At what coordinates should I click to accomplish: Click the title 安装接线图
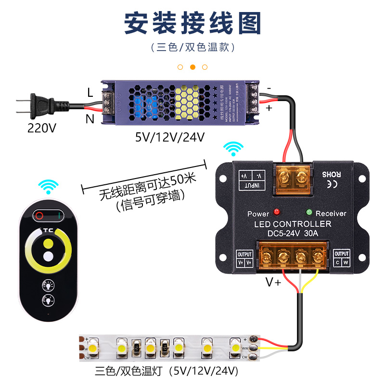(192, 23)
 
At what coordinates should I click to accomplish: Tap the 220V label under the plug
(42, 128)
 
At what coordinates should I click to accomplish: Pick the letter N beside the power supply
(90, 118)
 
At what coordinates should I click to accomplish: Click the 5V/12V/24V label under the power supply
(170, 137)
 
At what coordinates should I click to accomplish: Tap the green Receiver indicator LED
(308, 211)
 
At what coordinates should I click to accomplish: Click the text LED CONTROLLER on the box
(293, 224)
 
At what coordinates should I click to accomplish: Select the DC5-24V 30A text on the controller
(293, 234)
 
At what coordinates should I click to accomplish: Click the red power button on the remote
(39, 215)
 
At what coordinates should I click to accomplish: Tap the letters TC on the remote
(48, 230)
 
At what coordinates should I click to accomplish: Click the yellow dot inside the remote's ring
(47, 243)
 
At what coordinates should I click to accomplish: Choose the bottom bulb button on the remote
(48, 301)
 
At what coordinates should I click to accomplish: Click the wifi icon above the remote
(48, 186)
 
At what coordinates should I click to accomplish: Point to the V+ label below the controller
(274, 282)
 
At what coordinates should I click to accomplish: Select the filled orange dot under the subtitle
(192, 67)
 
